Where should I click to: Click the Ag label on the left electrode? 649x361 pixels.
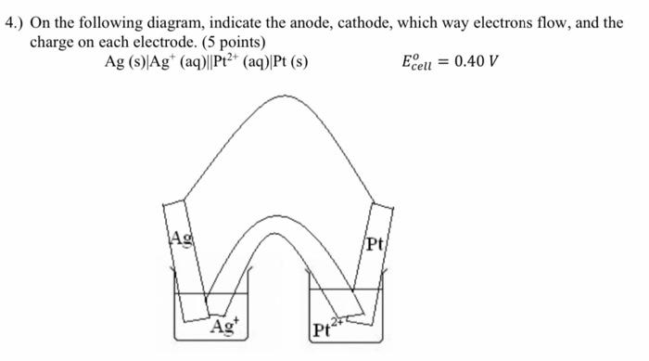click(x=177, y=239)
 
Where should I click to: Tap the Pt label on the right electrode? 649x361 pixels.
click(x=374, y=246)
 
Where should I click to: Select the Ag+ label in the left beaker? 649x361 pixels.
click(x=223, y=327)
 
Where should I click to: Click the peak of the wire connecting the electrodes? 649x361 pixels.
click(x=276, y=96)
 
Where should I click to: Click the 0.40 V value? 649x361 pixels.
click(x=477, y=63)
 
